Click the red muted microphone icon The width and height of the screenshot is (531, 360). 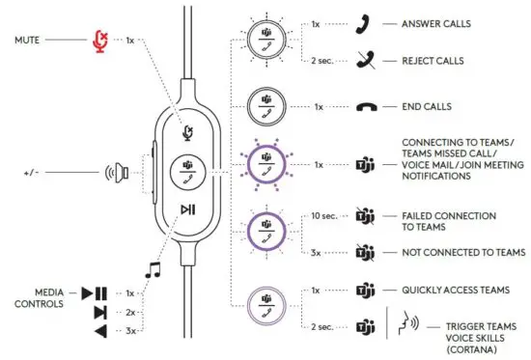coord(98,40)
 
